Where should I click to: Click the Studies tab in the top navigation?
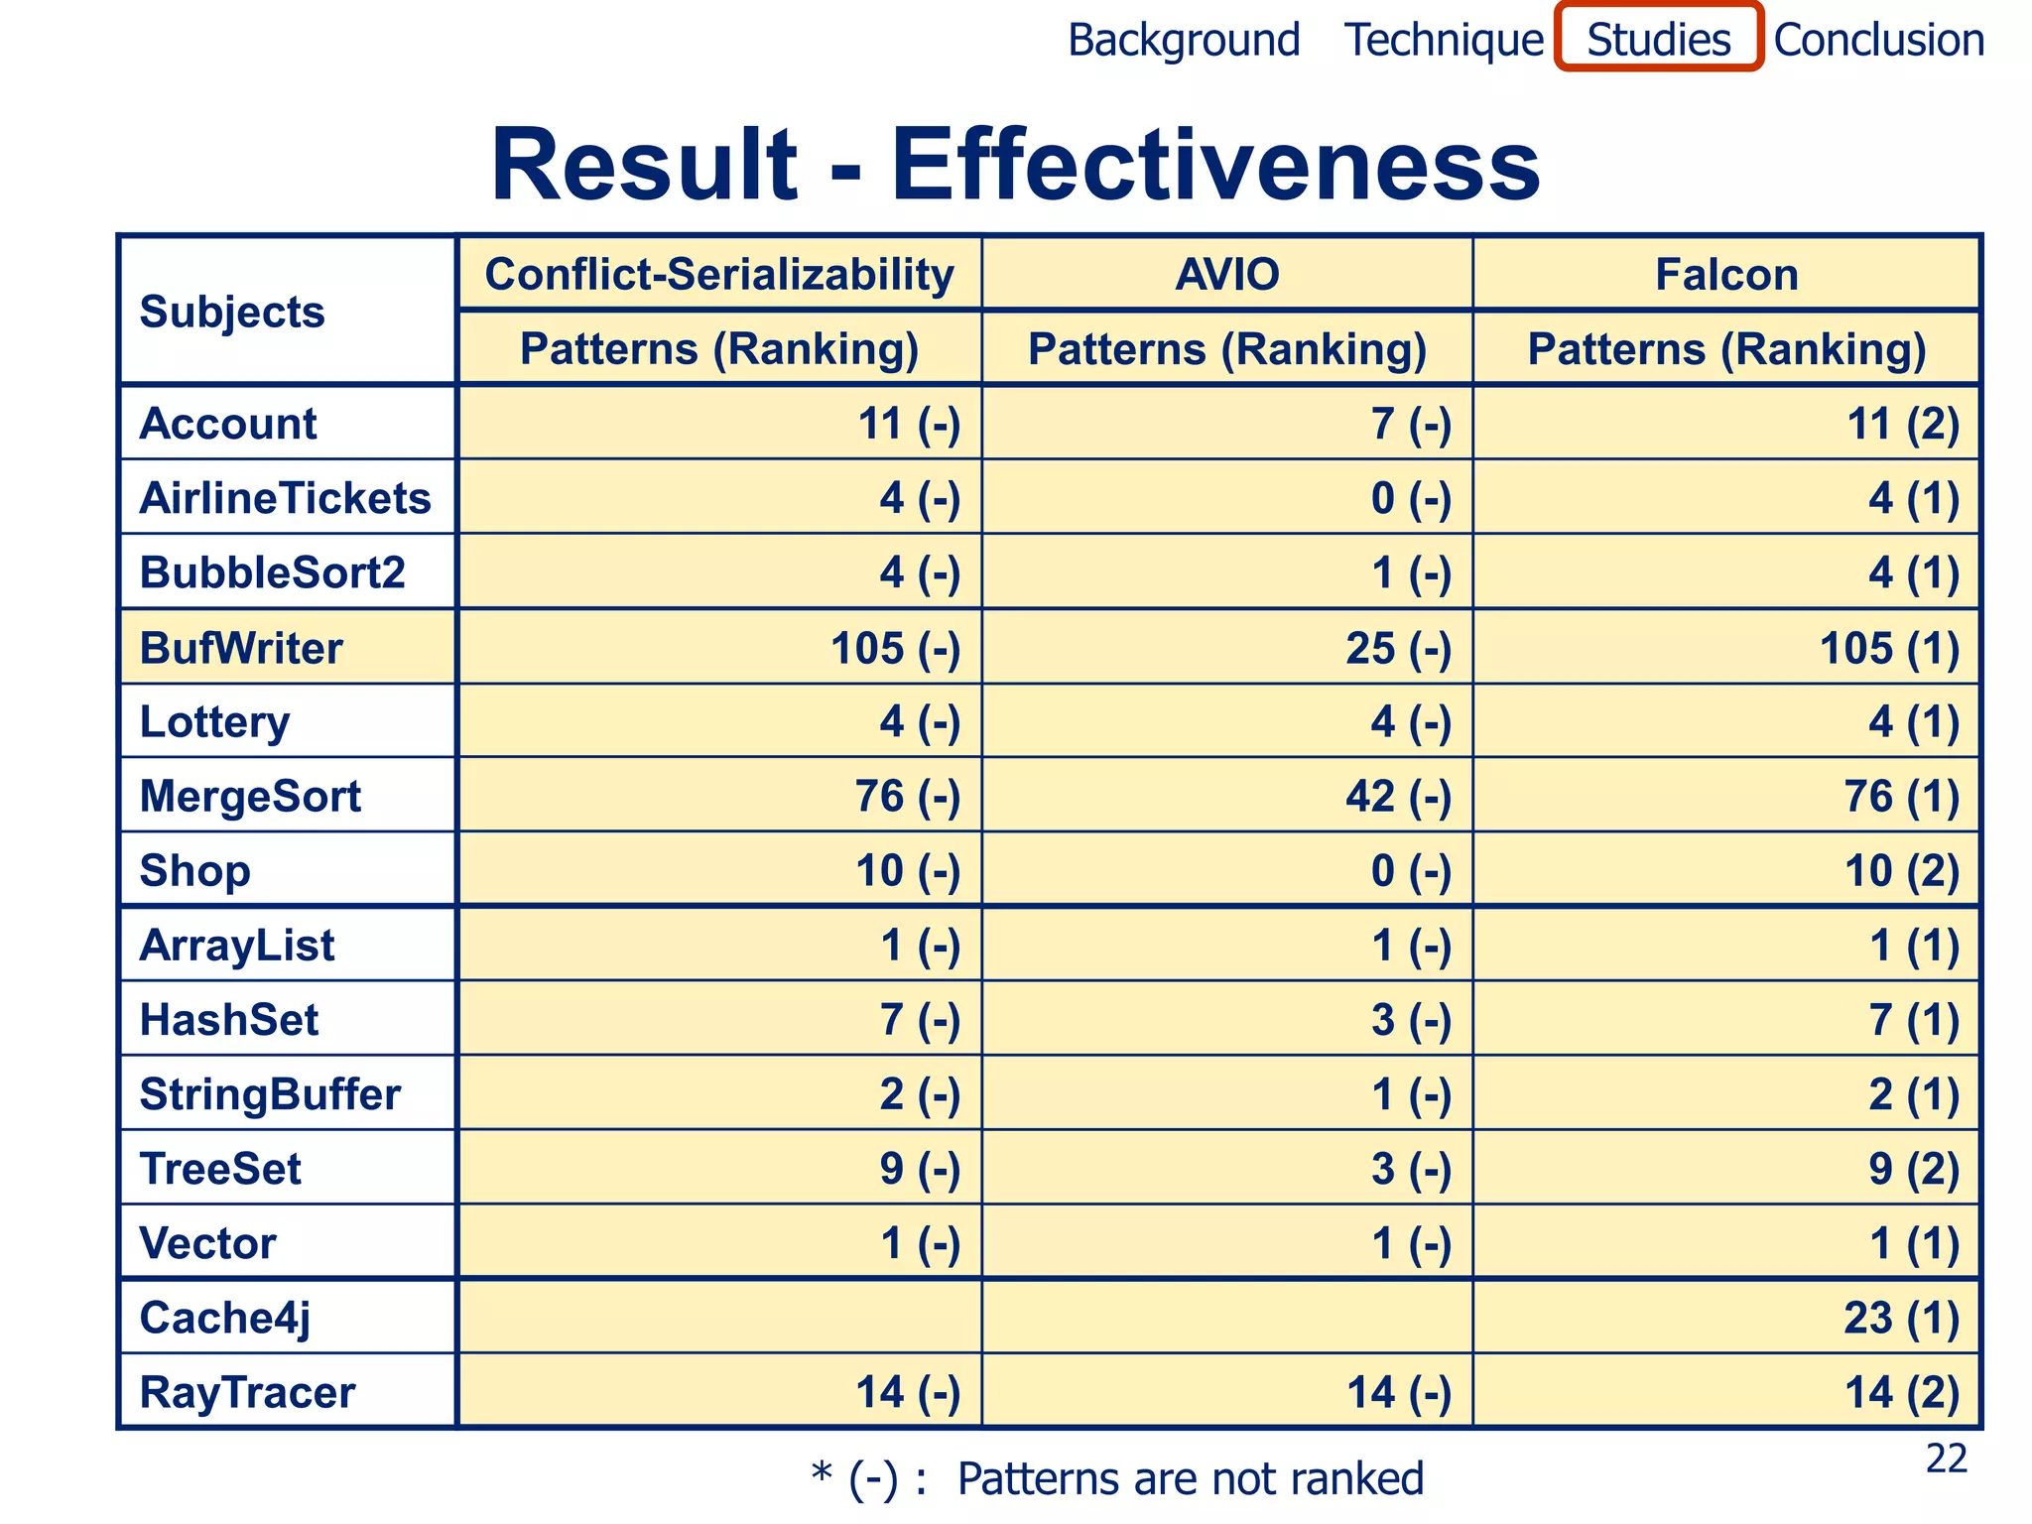point(1658,40)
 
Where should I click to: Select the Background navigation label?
point(1184,41)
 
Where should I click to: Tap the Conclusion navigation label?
point(1878,41)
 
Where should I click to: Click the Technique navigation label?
point(1444,41)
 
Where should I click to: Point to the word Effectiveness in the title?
point(1215,165)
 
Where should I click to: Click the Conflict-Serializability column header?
point(719,274)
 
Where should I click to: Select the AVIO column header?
point(1227,274)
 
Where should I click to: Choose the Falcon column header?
point(1726,274)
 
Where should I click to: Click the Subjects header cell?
point(232,312)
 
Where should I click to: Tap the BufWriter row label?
point(241,648)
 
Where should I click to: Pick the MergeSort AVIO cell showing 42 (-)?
point(1398,797)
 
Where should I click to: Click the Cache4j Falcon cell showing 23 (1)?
point(1901,1319)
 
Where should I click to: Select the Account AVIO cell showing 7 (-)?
point(1411,424)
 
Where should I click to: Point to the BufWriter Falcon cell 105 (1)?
point(1889,649)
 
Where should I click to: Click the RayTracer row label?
point(247,1393)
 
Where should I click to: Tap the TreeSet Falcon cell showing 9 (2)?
point(1914,1169)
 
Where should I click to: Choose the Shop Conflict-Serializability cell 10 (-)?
point(908,871)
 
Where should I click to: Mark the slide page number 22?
point(1946,1459)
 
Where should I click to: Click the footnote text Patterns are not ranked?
point(1190,1478)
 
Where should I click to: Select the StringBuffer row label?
point(270,1094)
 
